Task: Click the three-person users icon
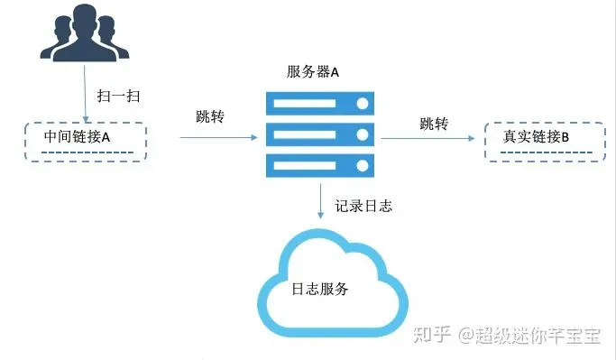coord(85,33)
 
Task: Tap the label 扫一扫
coord(118,96)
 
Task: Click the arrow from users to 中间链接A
coord(86,94)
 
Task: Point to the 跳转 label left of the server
coord(210,116)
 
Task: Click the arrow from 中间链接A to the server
coord(219,137)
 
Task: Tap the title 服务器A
coord(312,72)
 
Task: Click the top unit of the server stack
coord(320,104)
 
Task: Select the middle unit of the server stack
coord(320,134)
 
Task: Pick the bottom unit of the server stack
coord(320,166)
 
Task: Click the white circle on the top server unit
coord(363,104)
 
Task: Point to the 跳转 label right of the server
coord(434,124)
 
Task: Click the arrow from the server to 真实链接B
coord(428,138)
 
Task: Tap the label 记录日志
coord(363,206)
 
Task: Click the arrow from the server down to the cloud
coord(320,201)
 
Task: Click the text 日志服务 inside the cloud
coord(320,289)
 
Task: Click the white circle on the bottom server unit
coord(363,166)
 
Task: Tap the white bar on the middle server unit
coord(305,134)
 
